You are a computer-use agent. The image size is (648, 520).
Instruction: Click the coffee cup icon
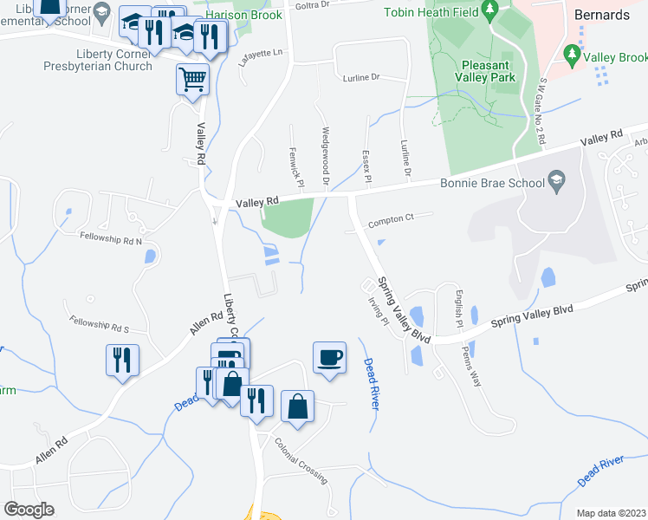[x=329, y=356]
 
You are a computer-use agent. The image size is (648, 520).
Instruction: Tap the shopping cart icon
[x=192, y=79]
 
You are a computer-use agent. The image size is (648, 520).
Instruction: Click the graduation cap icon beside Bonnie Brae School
[x=556, y=182]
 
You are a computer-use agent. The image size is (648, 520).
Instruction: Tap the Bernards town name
[x=602, y=16]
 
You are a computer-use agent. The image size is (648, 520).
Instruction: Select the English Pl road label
[x=459, y=309]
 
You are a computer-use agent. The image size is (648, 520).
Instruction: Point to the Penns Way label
[x=474, y=364]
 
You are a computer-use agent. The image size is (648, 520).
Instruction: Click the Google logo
[x=29, y=510]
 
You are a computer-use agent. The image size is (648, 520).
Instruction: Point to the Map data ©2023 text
[x=611, y=513]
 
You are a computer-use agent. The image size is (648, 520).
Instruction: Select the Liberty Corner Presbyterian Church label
[x=102, y=58]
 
